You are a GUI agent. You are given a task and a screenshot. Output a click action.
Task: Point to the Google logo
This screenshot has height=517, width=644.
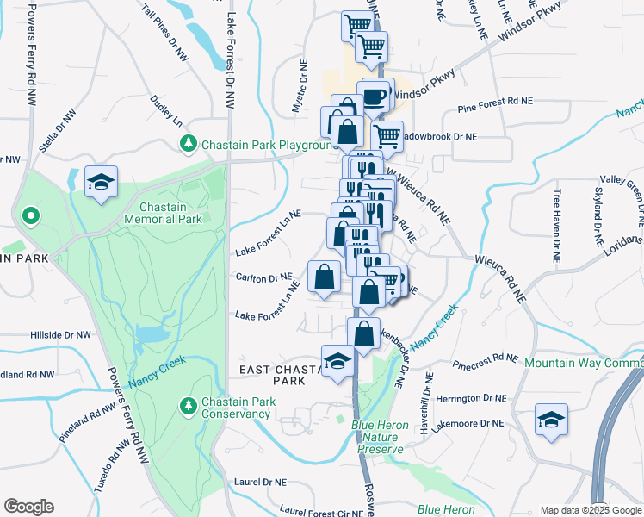(x=28, y=507)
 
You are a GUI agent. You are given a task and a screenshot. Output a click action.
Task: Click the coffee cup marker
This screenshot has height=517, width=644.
(x=374, y=97)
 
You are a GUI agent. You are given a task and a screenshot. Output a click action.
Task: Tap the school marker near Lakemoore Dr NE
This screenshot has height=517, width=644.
(x=551, y=420)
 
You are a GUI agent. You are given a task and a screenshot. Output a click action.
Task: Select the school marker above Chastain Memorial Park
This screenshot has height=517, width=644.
(x=102, y=183)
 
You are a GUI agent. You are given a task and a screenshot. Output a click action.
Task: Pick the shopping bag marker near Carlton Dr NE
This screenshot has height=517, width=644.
(x=325, y=277)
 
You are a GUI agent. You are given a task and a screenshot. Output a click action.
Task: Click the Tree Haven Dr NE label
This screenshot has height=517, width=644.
(x=557, y=226)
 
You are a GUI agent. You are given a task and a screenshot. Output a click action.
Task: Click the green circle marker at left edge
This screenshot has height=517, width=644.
(x=30, y=215)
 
